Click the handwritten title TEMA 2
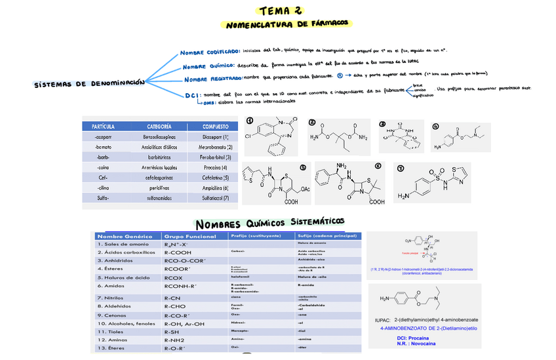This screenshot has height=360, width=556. [281, 10]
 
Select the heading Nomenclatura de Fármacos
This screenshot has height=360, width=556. [287, 25]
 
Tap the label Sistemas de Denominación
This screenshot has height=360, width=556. [89, 85]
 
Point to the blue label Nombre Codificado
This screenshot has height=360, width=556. [210, 51]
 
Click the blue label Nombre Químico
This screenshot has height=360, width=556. [208, 66]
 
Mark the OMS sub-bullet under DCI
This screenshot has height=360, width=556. [209, 102]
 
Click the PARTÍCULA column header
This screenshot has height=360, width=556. [104, 126]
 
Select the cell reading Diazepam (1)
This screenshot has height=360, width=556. [216, 137]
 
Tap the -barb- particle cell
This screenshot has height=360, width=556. [103, 157]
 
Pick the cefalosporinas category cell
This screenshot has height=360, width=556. [159, 178]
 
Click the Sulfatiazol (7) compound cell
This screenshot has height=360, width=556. [216, 197]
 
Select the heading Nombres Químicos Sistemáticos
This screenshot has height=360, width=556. [269, 223]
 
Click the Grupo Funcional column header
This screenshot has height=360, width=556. [190, 236]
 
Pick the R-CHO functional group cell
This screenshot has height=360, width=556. [175, 306]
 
